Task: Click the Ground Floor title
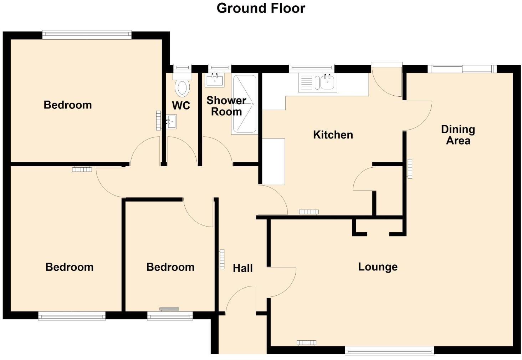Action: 261,8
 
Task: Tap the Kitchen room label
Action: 333,135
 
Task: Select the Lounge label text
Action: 378,267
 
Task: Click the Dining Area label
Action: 458,135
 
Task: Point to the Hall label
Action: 242,268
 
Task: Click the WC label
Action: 181,106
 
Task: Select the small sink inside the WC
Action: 171,121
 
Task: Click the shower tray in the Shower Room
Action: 244,104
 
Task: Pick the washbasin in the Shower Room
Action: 215,80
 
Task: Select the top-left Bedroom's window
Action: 87,35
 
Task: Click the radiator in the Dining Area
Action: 410,169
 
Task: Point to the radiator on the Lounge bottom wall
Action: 306,343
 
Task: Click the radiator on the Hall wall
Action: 222,259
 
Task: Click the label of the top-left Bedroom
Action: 67,105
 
